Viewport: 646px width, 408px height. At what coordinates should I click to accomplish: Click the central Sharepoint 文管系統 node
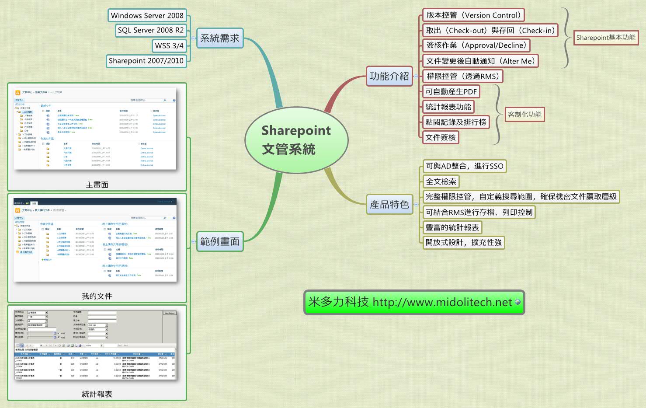point(296,140)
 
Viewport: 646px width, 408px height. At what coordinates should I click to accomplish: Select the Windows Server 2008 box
point(147,15)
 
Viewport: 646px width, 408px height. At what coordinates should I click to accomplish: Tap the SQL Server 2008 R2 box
point(150,30)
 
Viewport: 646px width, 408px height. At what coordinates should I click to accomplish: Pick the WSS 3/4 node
point(169,45)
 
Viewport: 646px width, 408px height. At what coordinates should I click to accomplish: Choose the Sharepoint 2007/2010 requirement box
point(146,61)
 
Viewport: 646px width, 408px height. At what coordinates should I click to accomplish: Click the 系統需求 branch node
point(219,38)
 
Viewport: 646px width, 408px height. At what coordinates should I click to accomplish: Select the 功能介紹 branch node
point(389,76)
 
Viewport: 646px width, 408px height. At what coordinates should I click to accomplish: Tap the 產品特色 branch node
point(389,204)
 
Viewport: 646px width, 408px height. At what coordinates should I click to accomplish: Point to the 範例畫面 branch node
point(219,241)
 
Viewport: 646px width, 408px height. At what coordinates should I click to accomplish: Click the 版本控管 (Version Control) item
point(473,15)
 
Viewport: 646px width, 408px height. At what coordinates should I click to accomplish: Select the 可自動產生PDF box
point(451,92)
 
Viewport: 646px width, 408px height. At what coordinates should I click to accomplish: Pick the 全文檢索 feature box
point(441,181)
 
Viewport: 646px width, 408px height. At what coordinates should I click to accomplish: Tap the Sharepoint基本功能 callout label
point(605,38)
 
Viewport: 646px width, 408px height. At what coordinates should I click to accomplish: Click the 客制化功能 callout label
point(524,115)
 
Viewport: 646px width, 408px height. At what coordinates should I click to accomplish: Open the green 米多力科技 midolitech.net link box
point(411,302)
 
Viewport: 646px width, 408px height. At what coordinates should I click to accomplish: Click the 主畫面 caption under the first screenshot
point(97,185)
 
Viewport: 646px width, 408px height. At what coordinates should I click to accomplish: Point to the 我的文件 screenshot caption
point(97,296)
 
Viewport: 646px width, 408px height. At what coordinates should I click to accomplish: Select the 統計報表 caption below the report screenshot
point(97,394)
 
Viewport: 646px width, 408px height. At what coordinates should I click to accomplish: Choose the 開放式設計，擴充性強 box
point(464,242)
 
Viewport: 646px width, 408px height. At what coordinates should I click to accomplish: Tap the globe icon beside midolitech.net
point(518,302)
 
